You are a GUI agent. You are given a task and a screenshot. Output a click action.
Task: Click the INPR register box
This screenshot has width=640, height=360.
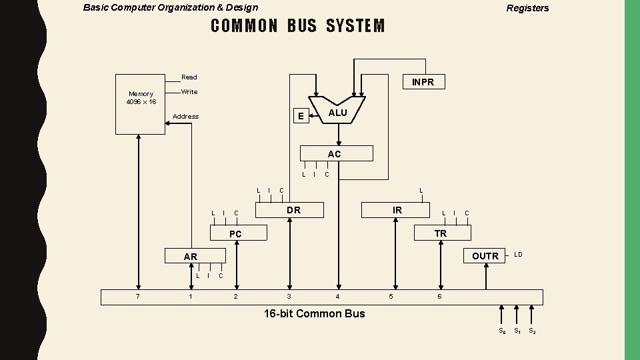tap(423, 82)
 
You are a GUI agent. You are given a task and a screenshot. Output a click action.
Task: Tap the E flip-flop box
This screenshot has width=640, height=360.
tap(301, 116)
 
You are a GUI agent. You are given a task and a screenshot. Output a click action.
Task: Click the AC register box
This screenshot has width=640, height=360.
tap(335, 154)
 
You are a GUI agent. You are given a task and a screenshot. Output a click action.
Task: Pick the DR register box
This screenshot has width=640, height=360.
tap(293, 210)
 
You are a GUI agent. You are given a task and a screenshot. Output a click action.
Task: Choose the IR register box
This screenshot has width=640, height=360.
tap(397, 210)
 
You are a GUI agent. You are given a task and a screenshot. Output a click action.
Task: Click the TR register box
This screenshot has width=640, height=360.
tap(440, 233)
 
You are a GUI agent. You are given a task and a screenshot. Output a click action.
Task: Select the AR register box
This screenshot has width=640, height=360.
tap(194, 256)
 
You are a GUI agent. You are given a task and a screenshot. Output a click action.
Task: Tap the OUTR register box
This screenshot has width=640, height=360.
tap(485, 256)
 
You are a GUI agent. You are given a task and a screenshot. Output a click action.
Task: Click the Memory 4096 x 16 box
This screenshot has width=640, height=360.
tap(141, 103)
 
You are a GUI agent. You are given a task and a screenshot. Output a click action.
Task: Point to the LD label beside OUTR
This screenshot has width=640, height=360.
tap(518, 255)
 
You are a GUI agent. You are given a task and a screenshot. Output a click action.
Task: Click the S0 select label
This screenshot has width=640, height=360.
tap(502, 331)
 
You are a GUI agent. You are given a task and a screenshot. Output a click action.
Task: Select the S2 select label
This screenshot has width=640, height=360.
tap(532, 331)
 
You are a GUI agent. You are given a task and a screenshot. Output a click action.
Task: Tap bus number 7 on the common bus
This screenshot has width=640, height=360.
tap(138, 296)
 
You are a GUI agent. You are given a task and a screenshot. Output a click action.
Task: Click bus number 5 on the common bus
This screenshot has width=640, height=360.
tap(391, 296)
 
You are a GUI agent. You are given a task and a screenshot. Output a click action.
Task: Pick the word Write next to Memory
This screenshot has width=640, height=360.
tap(189, 91)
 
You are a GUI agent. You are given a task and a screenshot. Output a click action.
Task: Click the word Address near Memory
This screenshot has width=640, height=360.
tap(185, 116)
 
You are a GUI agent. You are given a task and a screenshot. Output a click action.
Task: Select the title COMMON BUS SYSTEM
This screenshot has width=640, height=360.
tap(297, 26)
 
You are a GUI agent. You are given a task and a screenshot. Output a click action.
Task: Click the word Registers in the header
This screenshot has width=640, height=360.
tap(527, 9)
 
